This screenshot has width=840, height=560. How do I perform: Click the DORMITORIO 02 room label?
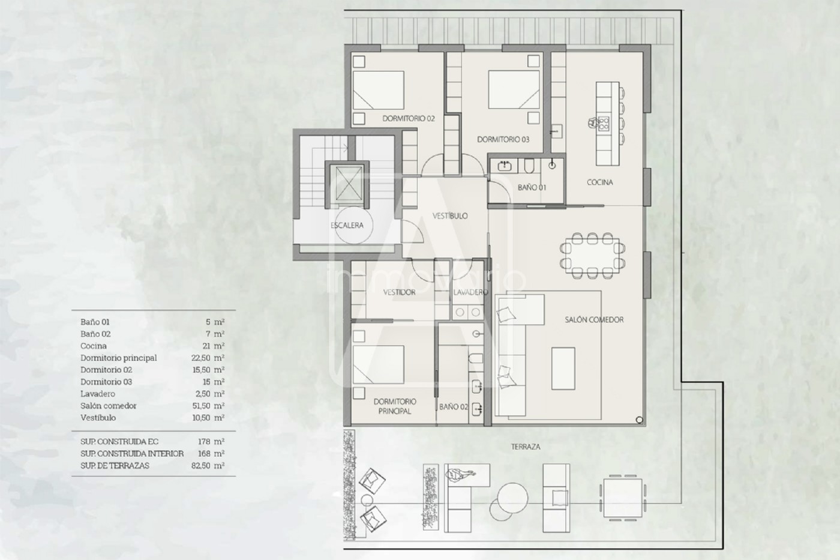pyautogui.click(x=409, y=118)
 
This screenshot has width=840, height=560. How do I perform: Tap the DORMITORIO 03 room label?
pyautogui.click(x=503, y=139)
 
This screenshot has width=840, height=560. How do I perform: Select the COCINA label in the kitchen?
pyautogui.click(x=599, y=182)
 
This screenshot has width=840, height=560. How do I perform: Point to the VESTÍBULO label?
pyautogui.click(x=450, y=216)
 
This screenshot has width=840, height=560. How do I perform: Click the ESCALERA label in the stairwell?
pyautogui.click(x=347, y=226)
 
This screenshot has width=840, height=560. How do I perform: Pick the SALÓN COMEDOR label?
pyautogui.click(x=594, y=320)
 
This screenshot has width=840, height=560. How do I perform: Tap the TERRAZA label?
pyautogui.click(x=526, y=447)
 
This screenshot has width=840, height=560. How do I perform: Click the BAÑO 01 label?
pyautogui.click(x=532, y=187)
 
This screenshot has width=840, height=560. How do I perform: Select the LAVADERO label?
pyautogui.click(x=470, y=292)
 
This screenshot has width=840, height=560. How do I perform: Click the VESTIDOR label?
pyautogui.click(x=399, y=292)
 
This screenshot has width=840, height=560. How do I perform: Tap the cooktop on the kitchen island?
pyautogui.click(x=604, y=124)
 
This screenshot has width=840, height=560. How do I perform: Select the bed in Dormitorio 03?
pyautogui.click(x=514, y=90)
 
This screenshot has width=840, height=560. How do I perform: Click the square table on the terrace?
pyautogui.click(x=623, y=498)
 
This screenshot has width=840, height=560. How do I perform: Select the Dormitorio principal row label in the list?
pyautogui.click(x=119, y=358)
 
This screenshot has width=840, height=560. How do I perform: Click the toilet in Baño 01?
pyautogui.click(x=529, y=166)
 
